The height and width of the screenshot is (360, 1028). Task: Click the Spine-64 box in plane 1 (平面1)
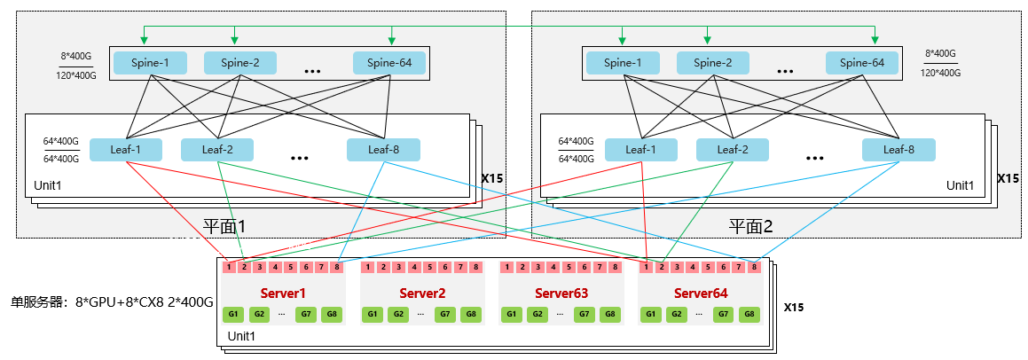point(389,63)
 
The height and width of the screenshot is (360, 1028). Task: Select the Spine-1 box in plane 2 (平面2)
point(622,63)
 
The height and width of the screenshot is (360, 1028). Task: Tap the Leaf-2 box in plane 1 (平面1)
point(217,150)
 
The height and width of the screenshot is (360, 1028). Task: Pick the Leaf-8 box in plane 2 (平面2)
point(899,150)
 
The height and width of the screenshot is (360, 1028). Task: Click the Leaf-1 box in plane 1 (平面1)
point(125,150)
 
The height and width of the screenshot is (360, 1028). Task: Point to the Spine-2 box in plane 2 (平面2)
point(712,63)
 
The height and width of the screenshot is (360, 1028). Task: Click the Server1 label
point(283,293)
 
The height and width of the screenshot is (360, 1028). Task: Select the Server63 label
point(561,293)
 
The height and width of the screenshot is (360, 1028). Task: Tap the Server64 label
point(701,293)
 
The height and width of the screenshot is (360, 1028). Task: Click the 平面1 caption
point(224,227)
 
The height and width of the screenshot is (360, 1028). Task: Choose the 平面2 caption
point(751,227)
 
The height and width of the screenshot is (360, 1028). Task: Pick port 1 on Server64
point(647,267)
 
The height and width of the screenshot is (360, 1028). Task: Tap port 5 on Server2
point(430,267)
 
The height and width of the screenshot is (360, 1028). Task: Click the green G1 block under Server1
point(232,314)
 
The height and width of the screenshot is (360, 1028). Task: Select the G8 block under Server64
point(749,314)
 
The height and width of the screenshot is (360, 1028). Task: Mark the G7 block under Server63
point(584,314)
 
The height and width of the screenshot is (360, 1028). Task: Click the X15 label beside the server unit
point(794,307)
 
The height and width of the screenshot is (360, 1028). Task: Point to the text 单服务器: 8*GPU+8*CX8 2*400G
point(112,302)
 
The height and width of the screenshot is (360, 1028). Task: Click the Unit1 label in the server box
point(240,336)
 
